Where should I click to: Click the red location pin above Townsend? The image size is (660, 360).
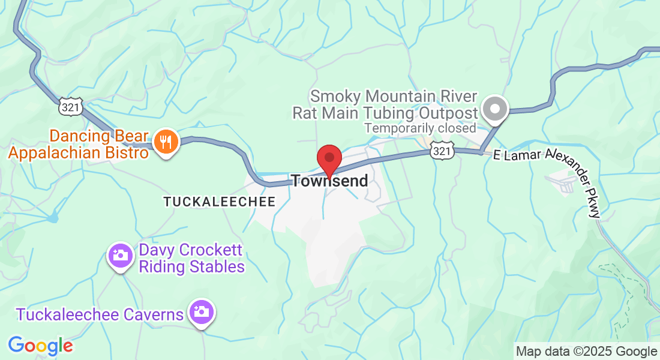pyautogui.click(x=329, y=159)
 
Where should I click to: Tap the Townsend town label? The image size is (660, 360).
pyautogui.click(x=329, y=181)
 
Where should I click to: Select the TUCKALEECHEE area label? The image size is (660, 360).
pyautogui.click(x=219, y=202)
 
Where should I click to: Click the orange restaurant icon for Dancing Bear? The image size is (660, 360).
pyautogui.click(x=163, y=142)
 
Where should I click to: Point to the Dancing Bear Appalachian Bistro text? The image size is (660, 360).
pyautogui.click(x=78, y=144)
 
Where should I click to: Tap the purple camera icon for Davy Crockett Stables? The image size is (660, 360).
pyautogui.click(x=120, y=256)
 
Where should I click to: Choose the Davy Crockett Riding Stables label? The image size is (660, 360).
pyautogui.click(x=191, y=258)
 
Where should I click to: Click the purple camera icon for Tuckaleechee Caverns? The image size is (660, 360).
pyautogui.click(x=202, y=311)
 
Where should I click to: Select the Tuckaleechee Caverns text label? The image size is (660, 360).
pyautogui.click(x=100, y=314)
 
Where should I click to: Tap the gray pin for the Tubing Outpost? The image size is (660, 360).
pyautogui.click(x=496, y=109)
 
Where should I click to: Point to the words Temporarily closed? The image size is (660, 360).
pyautogui.click(x=420, y=128)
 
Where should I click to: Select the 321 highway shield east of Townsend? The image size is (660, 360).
pyautogui.click(x=441, y=152)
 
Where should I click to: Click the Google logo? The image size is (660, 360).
pyautogui.click(x=40, y=346)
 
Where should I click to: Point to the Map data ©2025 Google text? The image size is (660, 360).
pyautogui.click(x=587, y=351)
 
